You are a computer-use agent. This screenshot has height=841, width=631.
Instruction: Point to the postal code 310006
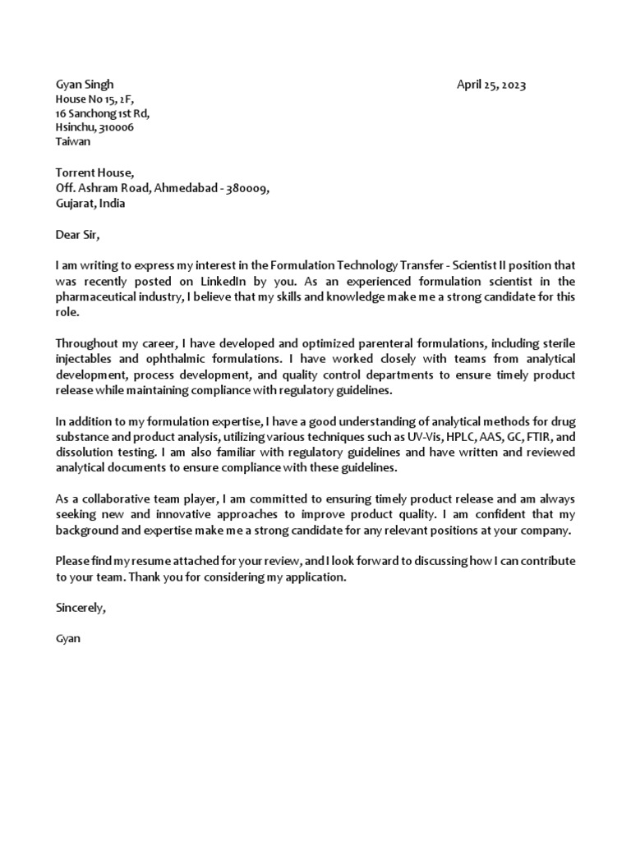117,127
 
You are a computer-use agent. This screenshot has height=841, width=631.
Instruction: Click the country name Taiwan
73,141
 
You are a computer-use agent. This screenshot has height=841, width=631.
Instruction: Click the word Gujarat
75,203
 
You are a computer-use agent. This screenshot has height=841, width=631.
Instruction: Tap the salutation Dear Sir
76,235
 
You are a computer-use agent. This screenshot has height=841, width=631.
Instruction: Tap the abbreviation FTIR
534,439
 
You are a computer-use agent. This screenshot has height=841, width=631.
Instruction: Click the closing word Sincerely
81,609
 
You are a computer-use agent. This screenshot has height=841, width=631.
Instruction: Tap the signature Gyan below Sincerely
67,638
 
